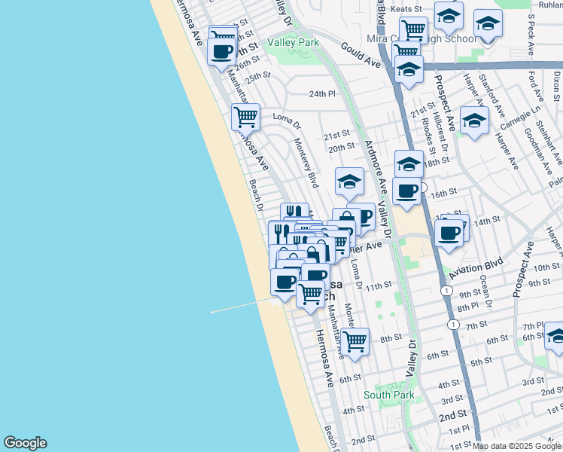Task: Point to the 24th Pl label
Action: click(x=321, y=94)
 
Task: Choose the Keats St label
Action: click(x=406, y=8)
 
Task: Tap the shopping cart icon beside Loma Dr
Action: click(x=246, y=117)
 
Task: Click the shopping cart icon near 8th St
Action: click(x=355, y=341)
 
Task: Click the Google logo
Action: click(x=25, y=443)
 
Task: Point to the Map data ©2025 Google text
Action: click(x=516, y=446)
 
